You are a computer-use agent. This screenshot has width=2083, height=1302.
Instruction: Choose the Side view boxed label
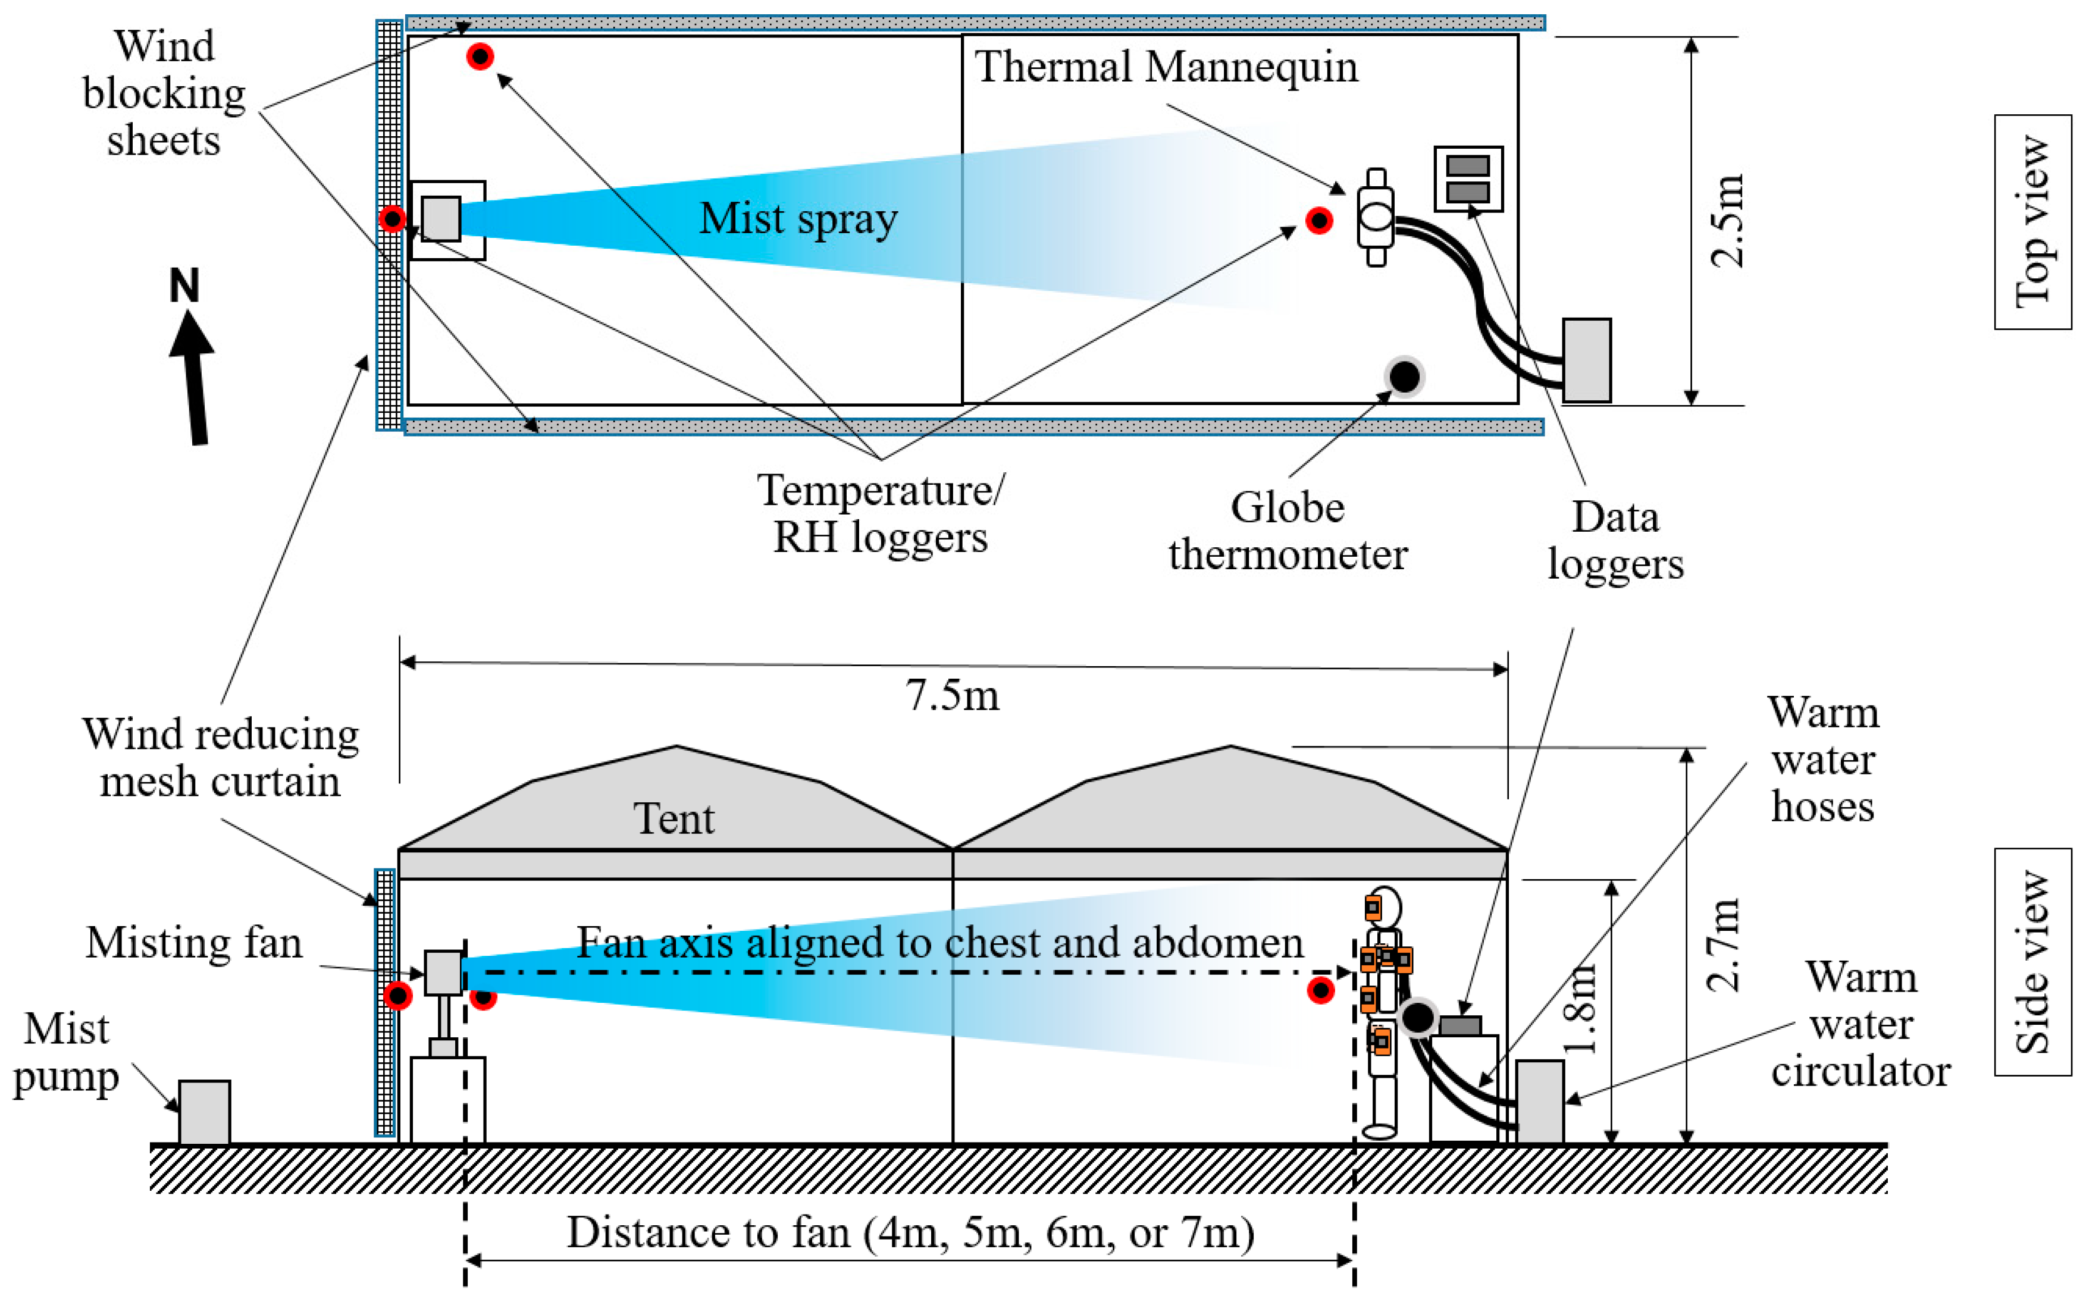(x=2032, y=962)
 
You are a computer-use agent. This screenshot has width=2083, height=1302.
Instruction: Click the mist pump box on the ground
(x=204, y=1112)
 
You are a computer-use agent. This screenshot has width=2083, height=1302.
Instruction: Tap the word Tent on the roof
(x=674, y=818)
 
